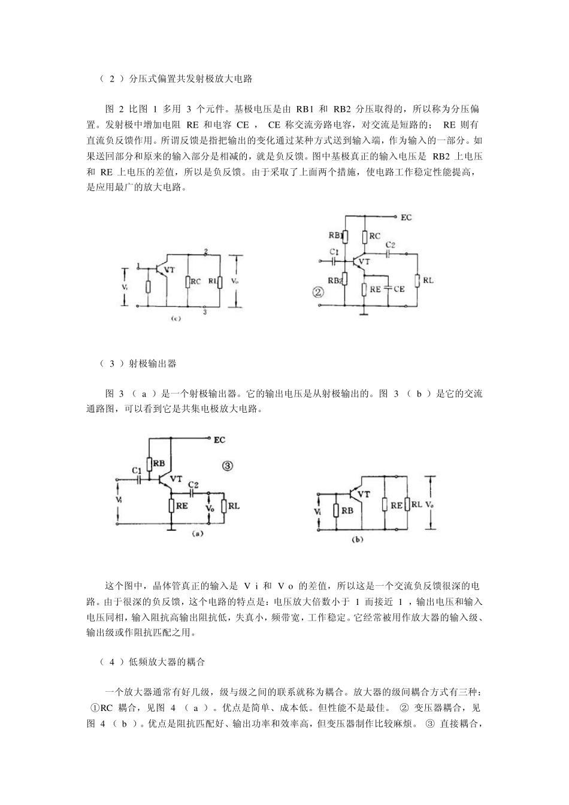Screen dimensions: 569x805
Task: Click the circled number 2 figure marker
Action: click(318, 292)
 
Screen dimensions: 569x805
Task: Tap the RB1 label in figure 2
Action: click(335, 235)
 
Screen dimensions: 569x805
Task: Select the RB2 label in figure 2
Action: click(335, 280)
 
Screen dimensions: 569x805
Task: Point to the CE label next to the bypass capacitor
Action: click(399, 288)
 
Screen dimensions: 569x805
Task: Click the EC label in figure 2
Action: click(406, 217)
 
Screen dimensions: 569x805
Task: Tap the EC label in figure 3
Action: click(220, 440)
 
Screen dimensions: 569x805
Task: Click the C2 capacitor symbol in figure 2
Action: click(390, 254)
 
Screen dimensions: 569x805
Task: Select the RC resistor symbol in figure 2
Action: click(364, 237)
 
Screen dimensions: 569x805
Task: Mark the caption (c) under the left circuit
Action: click(175, 320)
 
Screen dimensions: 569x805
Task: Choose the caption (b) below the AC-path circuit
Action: click(357, 540)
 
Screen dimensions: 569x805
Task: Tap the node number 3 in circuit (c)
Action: click(205, 312)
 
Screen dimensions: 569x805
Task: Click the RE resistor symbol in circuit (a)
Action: click(171, 506)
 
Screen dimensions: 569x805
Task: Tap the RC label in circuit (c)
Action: click(195, 282)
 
